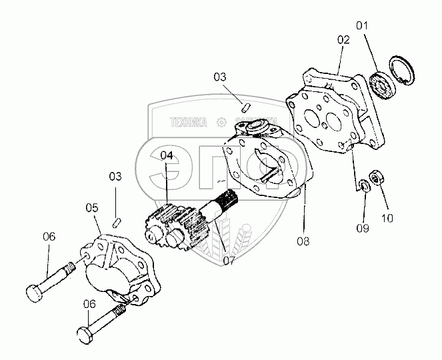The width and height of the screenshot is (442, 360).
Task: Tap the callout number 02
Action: [x=343, y=39]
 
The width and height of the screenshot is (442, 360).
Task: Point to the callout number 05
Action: [x=92, y=207]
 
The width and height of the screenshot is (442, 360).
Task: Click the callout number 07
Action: [x=229, y=259]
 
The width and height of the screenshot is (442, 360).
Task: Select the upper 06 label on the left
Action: [x=49, y=236]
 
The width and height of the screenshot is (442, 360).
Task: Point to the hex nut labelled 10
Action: [x=375, y=178]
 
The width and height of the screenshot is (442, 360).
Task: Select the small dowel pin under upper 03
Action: [x=245, y=105]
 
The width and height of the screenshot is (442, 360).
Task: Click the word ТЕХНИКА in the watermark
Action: [x=189, y=122]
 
